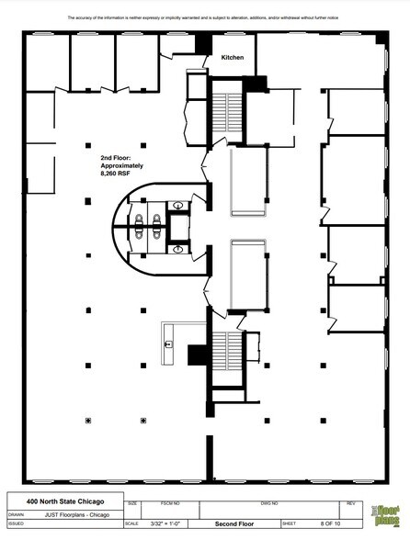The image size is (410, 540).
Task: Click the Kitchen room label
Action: (233, 58)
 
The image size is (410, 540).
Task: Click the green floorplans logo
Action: (384, 515)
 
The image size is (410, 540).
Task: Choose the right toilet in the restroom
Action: (159, 220)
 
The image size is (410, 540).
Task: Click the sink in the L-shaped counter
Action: (169, 343)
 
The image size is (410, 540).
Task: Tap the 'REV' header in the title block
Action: (349, 503)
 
